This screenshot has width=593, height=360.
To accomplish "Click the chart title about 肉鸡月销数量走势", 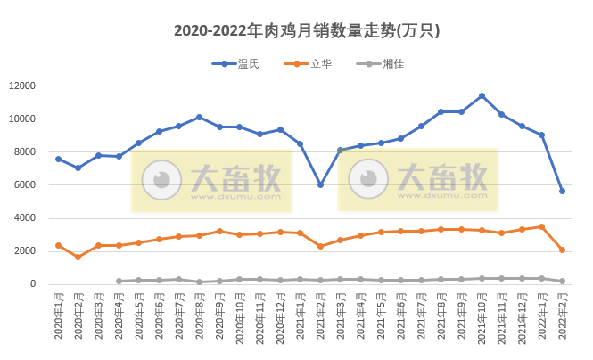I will coord(307,30).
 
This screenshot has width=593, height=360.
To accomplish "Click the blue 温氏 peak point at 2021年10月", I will coord(482,95).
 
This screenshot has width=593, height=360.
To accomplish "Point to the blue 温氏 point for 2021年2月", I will coord(321,184).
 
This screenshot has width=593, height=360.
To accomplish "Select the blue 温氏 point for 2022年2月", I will coord(563,191).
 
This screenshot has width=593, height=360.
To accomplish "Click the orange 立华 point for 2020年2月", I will coord(78,257).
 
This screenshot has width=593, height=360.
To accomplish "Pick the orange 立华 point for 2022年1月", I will coord(542,226).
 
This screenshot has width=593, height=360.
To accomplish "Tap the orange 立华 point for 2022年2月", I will coord(563,250).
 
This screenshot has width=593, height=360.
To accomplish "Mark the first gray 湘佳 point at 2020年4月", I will coord(119,282).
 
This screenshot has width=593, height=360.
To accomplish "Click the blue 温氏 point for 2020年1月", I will coord(58,159).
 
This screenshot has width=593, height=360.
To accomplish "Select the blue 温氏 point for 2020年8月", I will coord(199,117).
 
